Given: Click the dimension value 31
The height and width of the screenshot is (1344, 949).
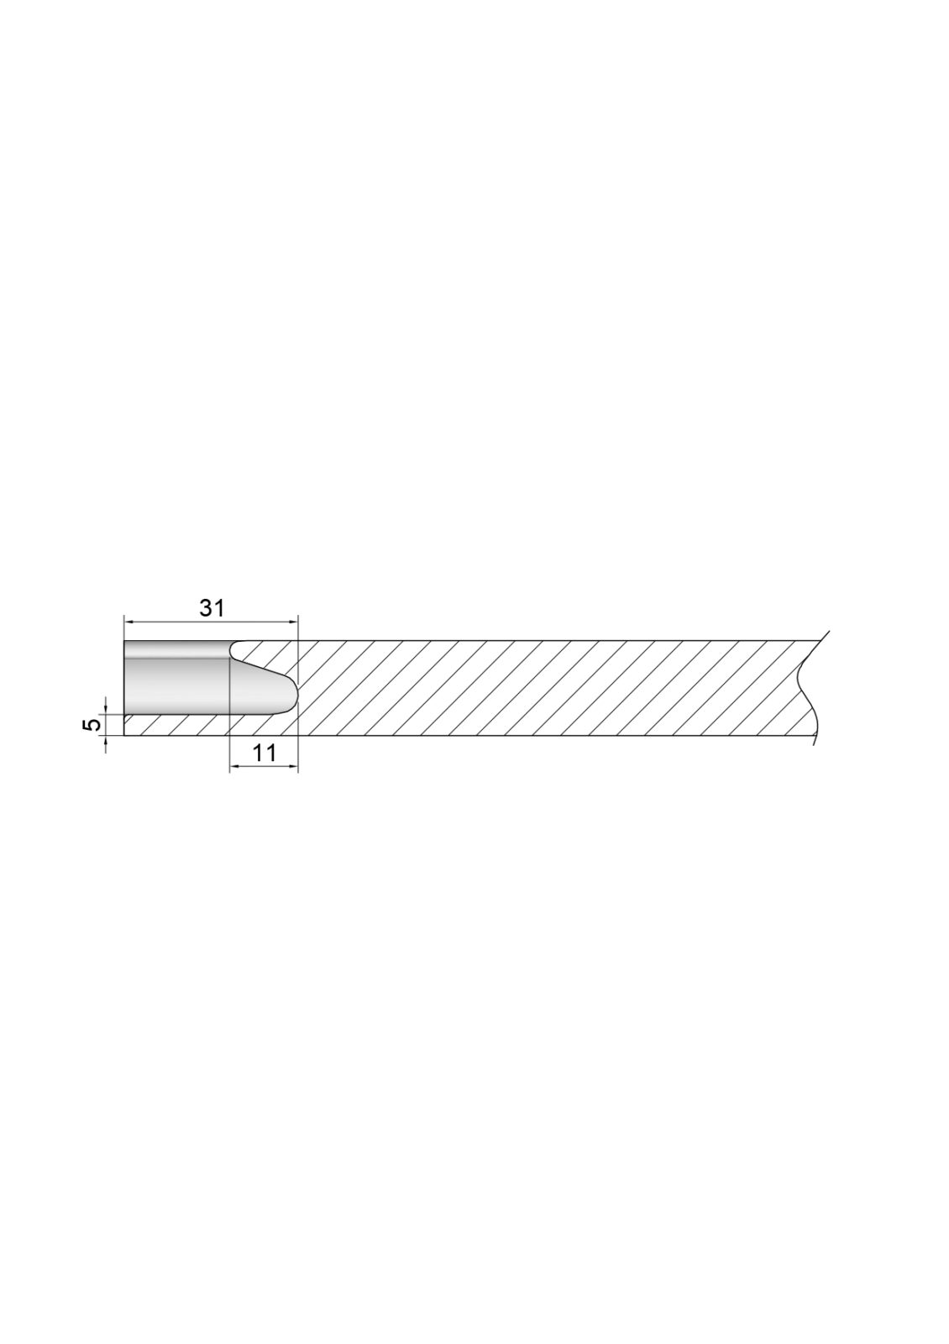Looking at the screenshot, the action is pyautogui.click(x=212, y=608).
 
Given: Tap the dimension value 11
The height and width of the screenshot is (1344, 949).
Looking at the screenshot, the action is pyautogui.click(x=264, y=753).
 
